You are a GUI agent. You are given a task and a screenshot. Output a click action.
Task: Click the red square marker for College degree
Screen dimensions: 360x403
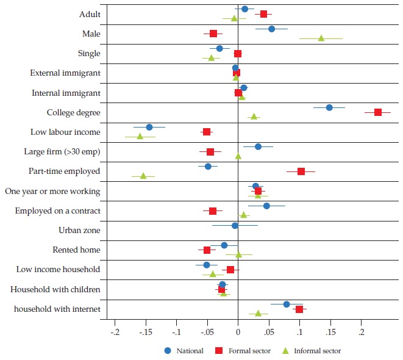378,112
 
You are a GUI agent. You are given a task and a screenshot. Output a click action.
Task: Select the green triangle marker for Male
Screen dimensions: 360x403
321,38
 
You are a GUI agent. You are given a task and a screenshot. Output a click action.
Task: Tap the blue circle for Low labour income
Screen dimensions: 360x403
149,127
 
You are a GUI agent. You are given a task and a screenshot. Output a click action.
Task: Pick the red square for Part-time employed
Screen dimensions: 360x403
301,171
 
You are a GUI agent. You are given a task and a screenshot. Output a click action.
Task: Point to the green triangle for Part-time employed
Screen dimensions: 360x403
143,176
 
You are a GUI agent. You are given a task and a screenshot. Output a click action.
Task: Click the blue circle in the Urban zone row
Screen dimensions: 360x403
235,225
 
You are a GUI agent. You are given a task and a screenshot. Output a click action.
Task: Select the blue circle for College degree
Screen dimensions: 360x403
329,107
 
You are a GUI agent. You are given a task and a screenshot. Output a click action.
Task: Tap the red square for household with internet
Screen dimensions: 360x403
299,309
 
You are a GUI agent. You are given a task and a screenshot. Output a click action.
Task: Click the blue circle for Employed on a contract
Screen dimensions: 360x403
266,206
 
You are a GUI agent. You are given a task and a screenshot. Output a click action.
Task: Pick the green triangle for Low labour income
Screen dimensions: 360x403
140,136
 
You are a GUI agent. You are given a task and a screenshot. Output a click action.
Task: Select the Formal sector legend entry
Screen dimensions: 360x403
242,351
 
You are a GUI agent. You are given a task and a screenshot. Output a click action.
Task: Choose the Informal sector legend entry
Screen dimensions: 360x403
310,351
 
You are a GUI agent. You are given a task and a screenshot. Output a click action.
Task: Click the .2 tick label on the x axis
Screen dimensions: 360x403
362,333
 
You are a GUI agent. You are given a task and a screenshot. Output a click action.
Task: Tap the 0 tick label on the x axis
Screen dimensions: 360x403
238,333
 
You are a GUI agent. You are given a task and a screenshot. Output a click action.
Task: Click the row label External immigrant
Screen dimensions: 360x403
65,73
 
